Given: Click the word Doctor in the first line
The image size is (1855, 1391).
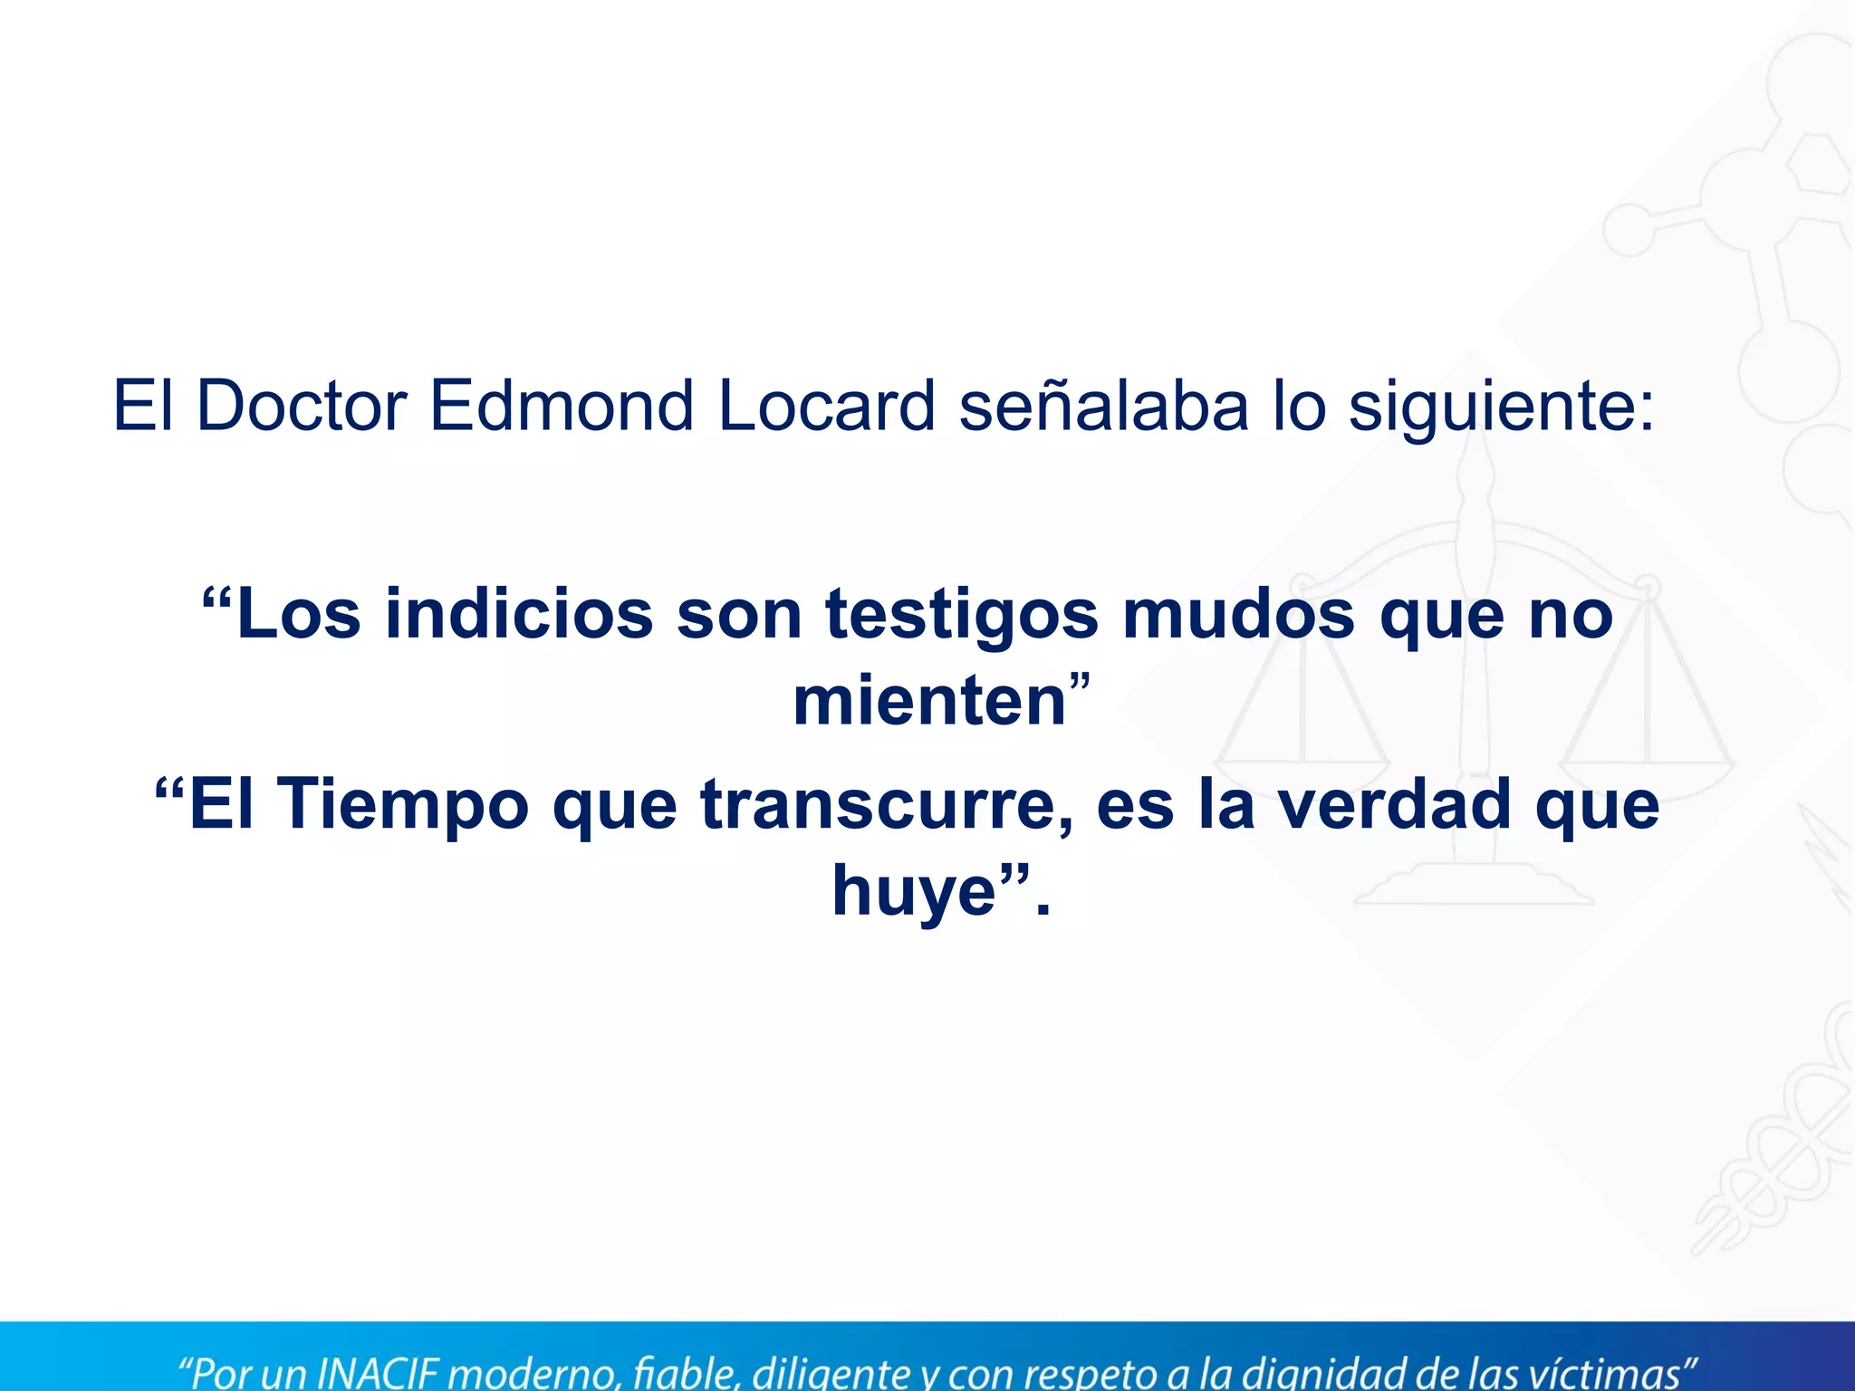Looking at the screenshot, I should point(301,407).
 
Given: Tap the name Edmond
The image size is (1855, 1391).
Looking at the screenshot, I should point(561,407).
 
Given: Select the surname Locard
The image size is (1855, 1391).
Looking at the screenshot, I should point(826,407).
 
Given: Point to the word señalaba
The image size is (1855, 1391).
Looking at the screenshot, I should point(1103,407).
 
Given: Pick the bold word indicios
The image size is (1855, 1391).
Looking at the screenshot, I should point(519,615).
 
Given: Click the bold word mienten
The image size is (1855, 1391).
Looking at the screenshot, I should point(929,702).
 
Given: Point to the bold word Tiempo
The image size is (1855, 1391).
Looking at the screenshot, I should point(403,805).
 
